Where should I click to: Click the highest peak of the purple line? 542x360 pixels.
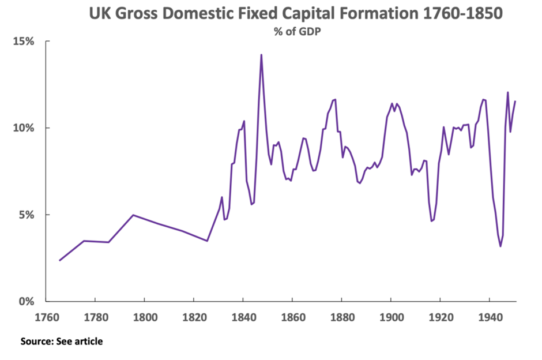click(x=261, y=55)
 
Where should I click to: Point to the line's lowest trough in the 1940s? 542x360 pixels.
click(x=500, y=246)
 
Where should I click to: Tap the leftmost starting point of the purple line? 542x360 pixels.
click(x=59, y=260)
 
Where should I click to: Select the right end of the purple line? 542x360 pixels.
click(x=515, y=102)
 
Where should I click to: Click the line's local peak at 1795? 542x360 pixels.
click(x=133, y=215)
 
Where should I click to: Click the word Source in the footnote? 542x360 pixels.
click(x=36, y=342)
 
